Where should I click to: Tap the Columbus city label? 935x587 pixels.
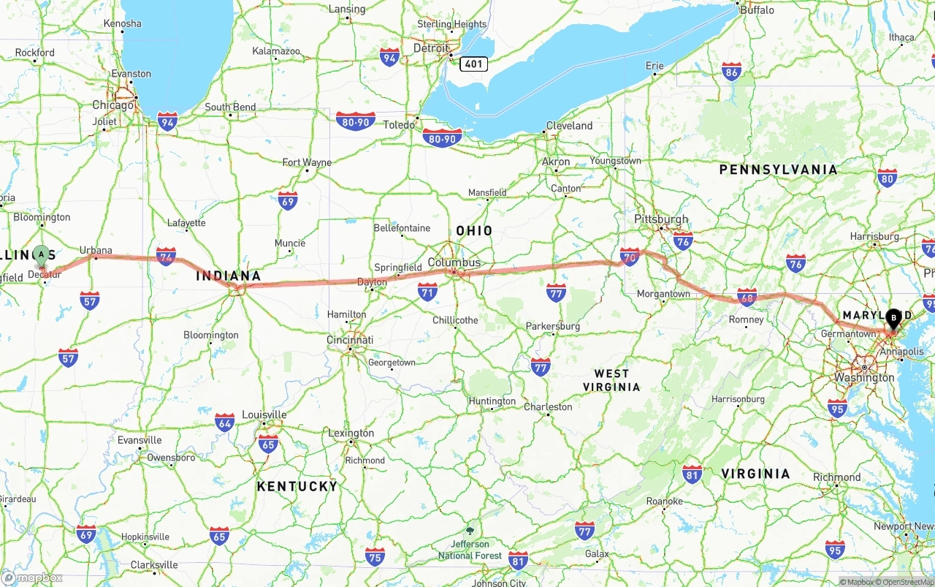[454, 262]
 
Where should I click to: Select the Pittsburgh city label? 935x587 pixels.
[661, 219]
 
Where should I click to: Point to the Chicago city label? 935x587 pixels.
[112, 105]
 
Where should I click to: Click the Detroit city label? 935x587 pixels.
[431, 48]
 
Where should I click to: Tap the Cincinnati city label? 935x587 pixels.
[350, 340]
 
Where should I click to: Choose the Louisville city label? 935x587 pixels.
[264, 414]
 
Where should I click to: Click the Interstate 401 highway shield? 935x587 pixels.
[473, 64]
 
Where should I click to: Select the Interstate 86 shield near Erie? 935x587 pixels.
[731, 71]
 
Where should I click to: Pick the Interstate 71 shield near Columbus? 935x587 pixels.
[428, 292]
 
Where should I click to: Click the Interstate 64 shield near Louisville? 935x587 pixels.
[225, 423]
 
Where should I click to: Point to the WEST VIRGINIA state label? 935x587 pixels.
[611, 380]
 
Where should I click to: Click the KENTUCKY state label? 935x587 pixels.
[297, 486]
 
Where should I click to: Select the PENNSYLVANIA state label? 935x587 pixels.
[778, 170]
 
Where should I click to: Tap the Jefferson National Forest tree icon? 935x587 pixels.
[470, 531]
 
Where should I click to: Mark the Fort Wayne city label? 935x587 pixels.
[307, 162]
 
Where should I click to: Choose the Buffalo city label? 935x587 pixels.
[757, 10]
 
